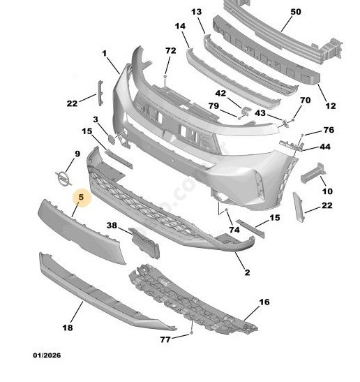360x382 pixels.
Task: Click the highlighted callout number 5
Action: tap(81, 198)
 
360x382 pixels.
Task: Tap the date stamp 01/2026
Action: tap(47, 355)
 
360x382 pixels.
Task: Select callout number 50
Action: tap(296, 11)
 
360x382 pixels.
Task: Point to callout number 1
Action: tap(105, 53)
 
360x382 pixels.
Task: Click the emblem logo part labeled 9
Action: tap(63, 179)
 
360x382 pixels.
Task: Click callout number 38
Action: tap(112, 226)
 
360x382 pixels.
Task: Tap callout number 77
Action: tap(165, 339)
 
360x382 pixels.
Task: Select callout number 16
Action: tap(264, 302)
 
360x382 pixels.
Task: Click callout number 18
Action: tap(68, 328)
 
